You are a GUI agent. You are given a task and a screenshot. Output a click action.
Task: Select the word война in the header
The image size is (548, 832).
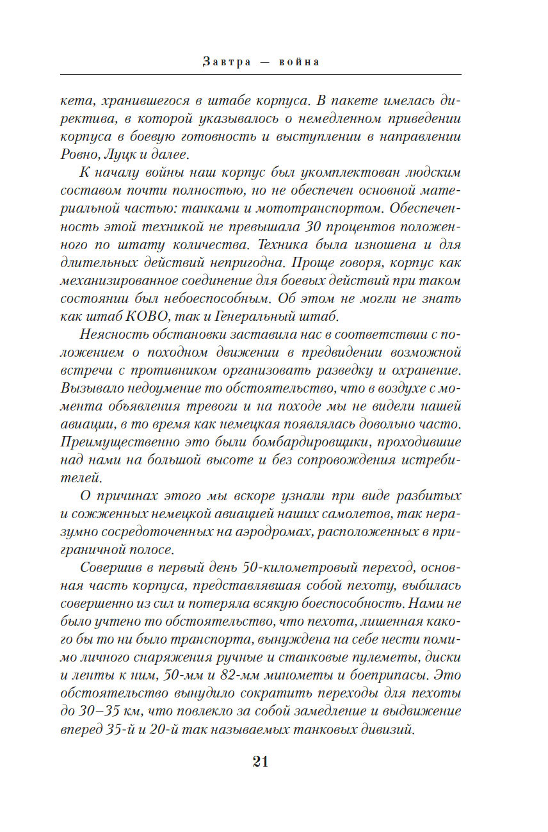coord(299,62)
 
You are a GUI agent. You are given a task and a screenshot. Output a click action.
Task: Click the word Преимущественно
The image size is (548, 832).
coord(118,442)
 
